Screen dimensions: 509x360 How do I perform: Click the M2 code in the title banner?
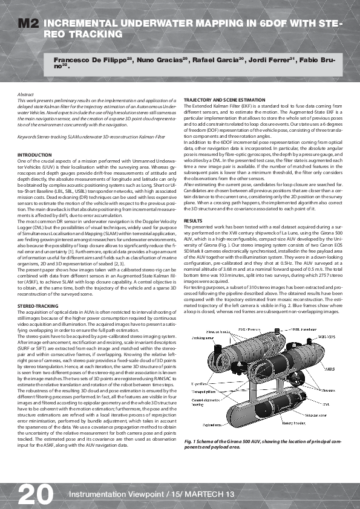28,24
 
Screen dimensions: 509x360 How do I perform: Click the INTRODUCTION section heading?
34,155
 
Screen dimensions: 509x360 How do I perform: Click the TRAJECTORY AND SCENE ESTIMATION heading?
221,99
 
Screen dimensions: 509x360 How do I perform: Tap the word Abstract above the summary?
25,95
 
